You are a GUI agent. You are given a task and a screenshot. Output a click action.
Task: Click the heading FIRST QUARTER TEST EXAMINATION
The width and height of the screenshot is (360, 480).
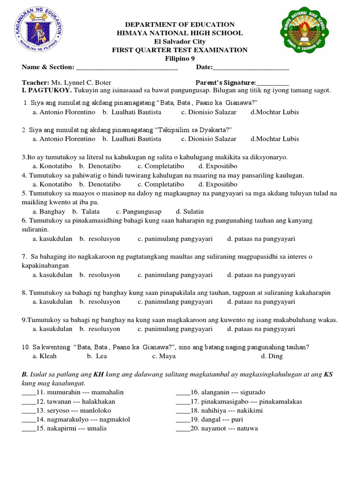pyautogui.click(x=180, y=50)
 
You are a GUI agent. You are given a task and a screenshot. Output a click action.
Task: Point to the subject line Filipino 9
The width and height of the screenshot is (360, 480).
pyautogui.click(x=180, y=59)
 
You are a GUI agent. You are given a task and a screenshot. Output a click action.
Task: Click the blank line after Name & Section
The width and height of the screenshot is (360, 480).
pyautogui.click(x=127, y=68)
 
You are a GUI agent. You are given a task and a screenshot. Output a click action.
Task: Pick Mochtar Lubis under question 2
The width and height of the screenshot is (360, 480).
pyautogui.click(x=275, y=139)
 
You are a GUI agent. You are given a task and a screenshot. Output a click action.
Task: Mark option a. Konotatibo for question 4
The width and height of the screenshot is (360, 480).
pyautogui.click(x=52, y=184)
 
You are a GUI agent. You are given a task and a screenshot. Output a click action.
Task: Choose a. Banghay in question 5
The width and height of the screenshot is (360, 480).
pyautogui.click(x=49, y=211)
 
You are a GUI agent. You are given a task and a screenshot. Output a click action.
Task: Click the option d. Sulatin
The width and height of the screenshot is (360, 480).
pyautogui.click(x=189, y=211)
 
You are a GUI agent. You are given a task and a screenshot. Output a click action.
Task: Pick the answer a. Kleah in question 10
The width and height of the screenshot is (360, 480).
pyautogui.click(x=45, y=356)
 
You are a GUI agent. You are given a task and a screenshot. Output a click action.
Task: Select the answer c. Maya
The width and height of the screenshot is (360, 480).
pyautogui.click(x=164, y=356)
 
